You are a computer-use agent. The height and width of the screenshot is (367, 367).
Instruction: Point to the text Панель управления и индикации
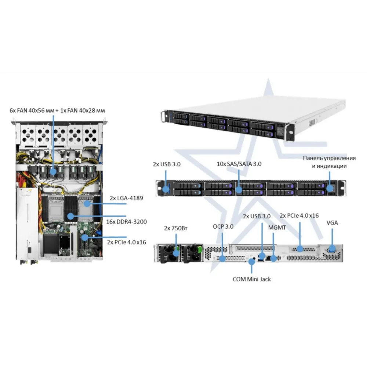(x=329, y=162)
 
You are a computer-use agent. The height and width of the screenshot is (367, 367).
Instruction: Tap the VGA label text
(x=332, y=223)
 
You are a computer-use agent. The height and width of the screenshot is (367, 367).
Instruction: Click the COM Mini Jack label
(x=252, y=279)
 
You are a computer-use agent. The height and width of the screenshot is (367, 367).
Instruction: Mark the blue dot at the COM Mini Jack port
(x=252, y=261)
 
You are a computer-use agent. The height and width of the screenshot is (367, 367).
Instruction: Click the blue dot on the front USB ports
(x=166, y=189)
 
